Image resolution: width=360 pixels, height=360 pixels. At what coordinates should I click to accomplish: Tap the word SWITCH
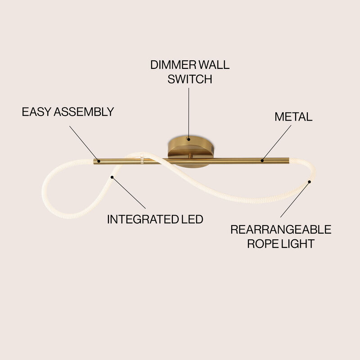[189, 79]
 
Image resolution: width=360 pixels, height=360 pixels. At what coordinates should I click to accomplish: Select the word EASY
[36, 112]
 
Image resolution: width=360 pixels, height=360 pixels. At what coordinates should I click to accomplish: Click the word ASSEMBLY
[84, 112]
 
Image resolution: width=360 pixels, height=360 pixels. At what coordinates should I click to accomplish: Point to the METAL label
[293, 117]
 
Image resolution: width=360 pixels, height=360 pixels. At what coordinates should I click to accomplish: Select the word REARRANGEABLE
[281, 229]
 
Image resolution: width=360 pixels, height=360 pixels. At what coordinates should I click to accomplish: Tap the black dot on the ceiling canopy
[189, 139]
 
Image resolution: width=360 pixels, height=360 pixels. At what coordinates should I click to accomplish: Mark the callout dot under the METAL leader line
[262, 159]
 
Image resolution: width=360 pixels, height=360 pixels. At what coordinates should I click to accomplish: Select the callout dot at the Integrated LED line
[112, 177]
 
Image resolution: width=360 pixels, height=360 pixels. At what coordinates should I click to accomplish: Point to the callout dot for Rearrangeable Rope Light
[310, 182]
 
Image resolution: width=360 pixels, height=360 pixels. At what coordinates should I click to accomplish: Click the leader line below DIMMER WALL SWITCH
[189, 112]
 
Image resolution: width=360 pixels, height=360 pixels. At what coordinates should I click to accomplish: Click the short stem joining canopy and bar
[191, 156]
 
